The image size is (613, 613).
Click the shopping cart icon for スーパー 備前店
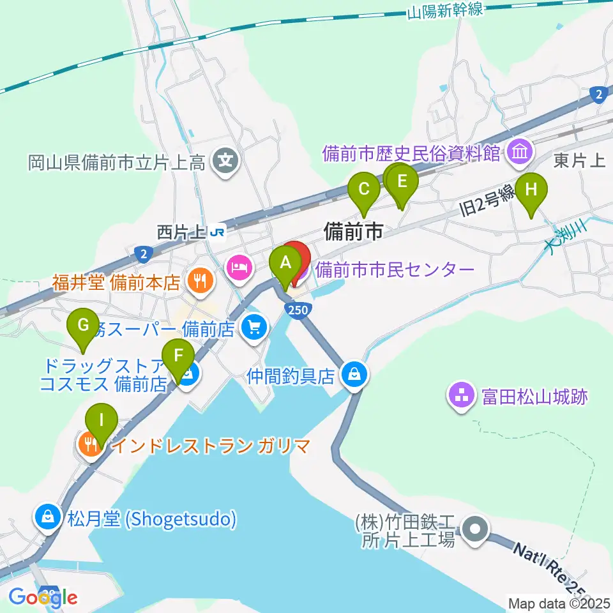255,329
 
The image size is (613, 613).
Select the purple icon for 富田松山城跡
462,397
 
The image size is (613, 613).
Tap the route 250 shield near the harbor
294,310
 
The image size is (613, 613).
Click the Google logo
43,597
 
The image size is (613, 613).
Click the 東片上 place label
579,160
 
